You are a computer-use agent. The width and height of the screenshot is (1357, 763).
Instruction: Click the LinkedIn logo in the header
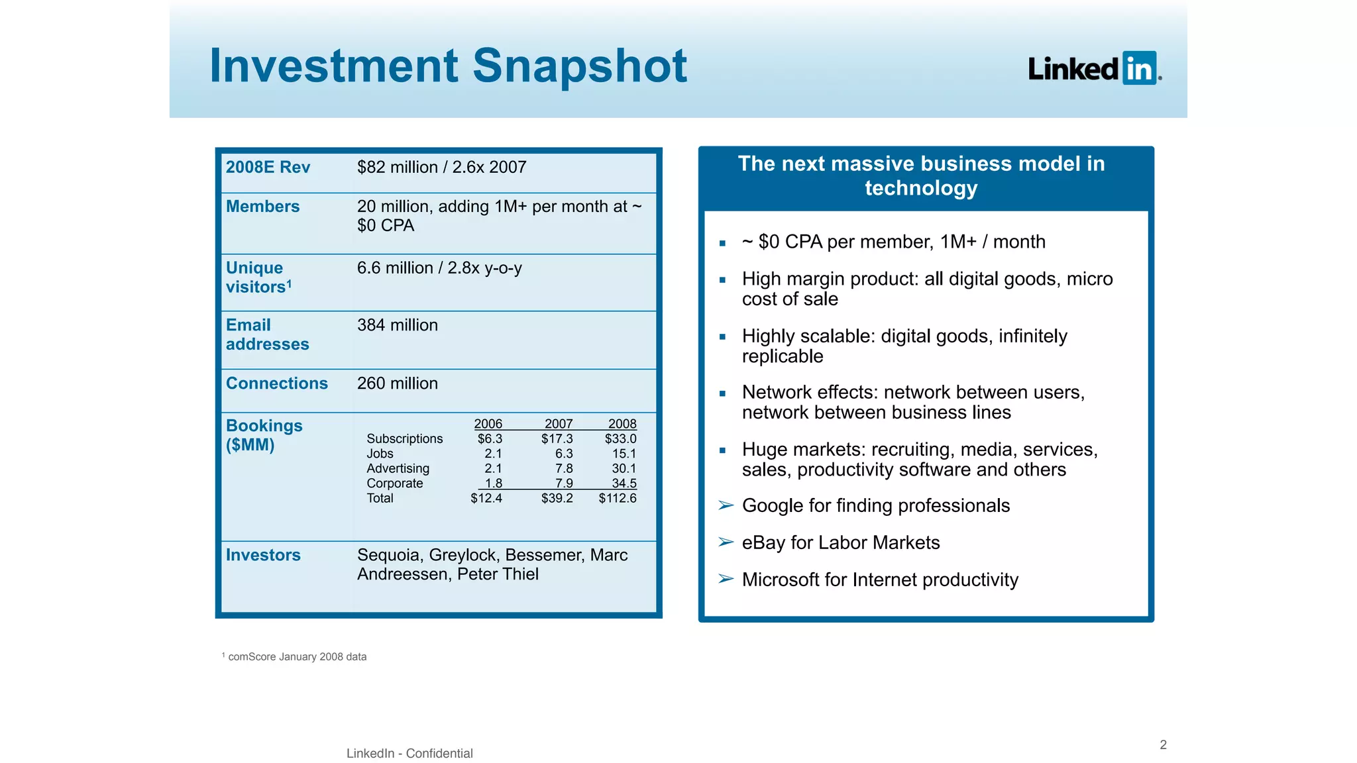click(x=1095, y=68)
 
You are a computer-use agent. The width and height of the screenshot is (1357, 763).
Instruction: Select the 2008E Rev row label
click(x=268, y=167)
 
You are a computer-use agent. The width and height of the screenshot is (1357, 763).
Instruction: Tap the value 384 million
click(x=398, y=325)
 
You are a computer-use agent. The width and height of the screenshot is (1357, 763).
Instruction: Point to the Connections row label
click(x=277, y=383)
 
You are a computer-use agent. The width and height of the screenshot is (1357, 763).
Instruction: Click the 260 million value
click(x=398, y=383)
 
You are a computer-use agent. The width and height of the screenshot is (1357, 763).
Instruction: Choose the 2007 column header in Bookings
click(x=559, y=424)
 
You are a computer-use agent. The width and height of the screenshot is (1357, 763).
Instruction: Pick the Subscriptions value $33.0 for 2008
click(x=620, y=438)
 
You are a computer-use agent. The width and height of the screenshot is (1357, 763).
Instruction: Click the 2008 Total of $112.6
click(x=618, y=498)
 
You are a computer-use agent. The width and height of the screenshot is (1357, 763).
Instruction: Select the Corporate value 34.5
click(x=624, y=483)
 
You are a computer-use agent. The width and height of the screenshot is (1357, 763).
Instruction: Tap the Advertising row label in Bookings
click(x=398, y=468)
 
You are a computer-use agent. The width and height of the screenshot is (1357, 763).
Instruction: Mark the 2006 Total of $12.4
click(x=486, y=498)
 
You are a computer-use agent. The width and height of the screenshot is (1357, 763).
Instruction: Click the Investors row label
click(x=263, y=555)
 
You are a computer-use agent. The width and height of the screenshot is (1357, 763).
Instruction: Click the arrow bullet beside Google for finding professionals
click(x=726, y=506)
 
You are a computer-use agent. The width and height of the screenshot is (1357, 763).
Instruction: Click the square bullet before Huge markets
click(x=723, y=450)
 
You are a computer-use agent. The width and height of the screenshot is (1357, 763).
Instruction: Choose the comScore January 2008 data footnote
click(x=297, y=657)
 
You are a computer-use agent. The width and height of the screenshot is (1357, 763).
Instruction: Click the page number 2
click(x=1163, y=744)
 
